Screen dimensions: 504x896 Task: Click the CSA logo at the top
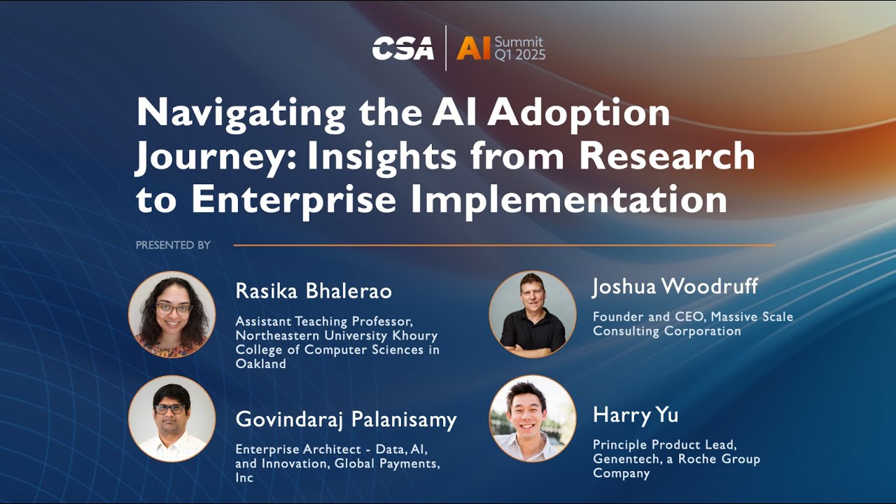[402, 48]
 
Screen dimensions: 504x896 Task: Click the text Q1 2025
[520, 55]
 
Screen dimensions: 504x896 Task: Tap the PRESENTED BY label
[173, 245]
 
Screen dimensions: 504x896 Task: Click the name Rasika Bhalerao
[314, 291]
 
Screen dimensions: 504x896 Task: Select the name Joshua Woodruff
[675, 286]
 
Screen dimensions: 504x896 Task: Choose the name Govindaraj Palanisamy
[346, 420]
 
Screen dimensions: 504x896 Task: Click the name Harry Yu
[636, 415]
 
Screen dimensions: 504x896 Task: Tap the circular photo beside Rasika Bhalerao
[172, 314]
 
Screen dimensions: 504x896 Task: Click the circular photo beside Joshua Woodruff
[533, 314]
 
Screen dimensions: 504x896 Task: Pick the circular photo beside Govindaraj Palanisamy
[172, 419]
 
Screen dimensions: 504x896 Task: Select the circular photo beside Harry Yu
[533, 419]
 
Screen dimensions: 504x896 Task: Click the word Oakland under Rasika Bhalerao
[260, 364]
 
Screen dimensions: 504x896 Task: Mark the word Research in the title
[667, 157]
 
